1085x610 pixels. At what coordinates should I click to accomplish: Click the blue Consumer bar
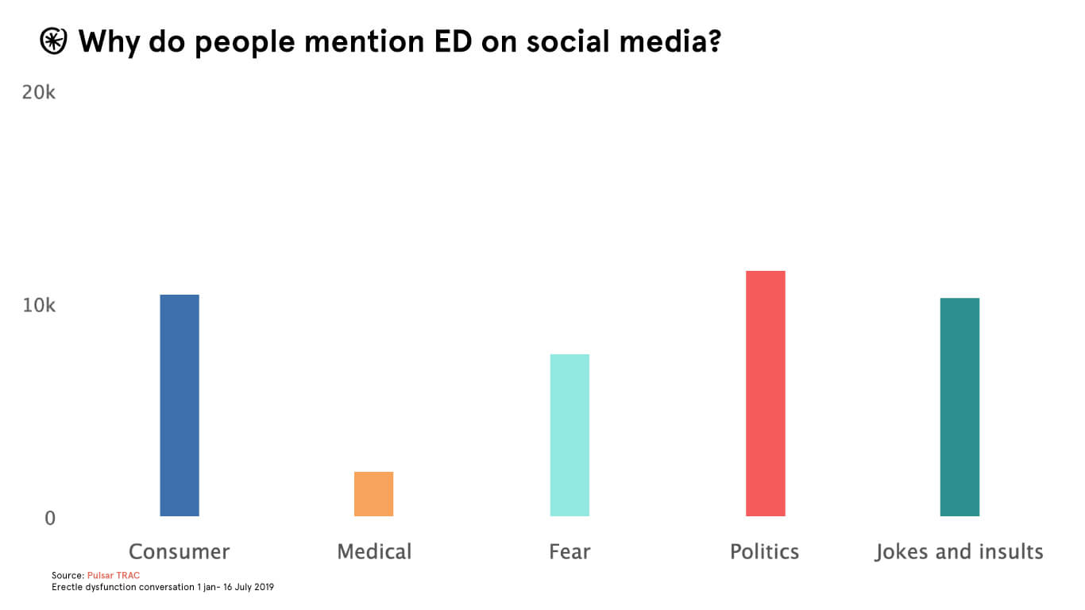180,405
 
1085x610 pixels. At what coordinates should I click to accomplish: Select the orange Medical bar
373,494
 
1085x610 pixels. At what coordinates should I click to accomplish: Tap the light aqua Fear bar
570,435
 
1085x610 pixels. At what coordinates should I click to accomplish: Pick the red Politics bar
765,393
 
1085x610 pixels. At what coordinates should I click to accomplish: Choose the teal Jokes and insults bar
960,407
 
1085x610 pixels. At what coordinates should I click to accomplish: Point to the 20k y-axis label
39,93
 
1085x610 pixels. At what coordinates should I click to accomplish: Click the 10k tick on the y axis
39,306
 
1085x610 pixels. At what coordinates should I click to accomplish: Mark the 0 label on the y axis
50,518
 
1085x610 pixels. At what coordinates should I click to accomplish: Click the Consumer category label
179,551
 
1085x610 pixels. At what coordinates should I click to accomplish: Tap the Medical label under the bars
374,551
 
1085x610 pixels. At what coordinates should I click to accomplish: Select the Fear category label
570,551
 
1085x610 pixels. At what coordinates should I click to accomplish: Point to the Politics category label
764,551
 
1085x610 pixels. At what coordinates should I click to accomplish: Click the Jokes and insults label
959,551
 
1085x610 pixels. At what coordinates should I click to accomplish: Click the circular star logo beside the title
54,41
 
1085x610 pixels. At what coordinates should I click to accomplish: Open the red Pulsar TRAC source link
114,575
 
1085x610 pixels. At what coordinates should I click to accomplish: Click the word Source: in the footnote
68,575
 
